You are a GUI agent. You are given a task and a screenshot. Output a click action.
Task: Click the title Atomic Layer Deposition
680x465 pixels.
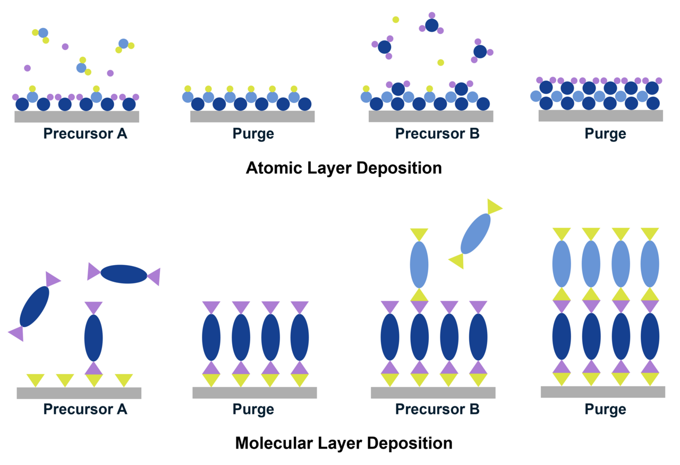[344, 168]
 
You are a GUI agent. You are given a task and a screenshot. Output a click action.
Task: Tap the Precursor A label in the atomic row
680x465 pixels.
[85, 134]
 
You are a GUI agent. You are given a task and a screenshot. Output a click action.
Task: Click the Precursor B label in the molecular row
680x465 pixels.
[437, 410]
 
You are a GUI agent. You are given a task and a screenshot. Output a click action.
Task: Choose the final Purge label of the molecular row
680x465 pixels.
[605, 410]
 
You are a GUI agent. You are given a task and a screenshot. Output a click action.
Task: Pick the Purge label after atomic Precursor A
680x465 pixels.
[253, 134]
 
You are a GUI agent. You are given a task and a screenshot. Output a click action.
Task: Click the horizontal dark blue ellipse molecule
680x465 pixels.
[124, 274]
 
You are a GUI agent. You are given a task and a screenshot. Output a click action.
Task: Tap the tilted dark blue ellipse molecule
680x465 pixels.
[35, 306]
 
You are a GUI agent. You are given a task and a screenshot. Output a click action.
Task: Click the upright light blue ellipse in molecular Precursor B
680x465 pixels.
[419, 264]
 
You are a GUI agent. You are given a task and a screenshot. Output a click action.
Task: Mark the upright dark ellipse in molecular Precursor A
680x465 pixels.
[93, 338]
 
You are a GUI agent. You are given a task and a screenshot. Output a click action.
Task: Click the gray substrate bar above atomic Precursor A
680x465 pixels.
[76, 117]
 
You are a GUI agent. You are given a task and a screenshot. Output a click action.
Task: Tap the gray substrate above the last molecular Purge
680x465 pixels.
[602, 392]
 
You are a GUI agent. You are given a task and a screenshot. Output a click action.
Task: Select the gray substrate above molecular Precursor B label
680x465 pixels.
[433, 393]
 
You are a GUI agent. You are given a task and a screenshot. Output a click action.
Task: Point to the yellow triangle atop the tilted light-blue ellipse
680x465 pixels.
[494, 206]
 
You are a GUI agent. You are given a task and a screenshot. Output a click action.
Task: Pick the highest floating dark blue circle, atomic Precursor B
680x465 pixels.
[431, 25]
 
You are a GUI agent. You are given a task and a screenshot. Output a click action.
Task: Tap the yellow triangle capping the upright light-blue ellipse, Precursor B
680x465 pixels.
[419, 234]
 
